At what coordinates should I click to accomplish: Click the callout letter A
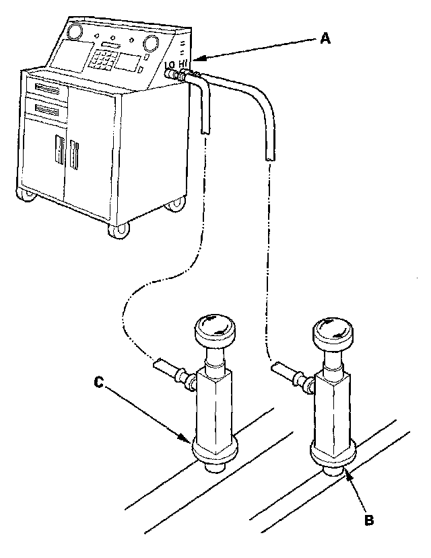[x=325, y=39]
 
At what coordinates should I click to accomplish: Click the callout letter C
[x=99, y=383]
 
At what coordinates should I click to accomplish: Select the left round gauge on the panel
[x=74, y=32]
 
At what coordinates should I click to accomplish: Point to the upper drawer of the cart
[x=45, y=88]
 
